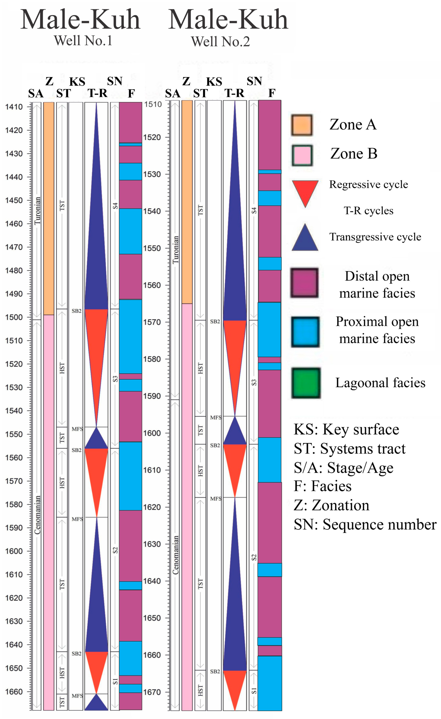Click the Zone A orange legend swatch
click(x=302, y=125)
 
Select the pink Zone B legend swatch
click(x=302, y=155)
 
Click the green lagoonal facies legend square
click(x=306, y=383)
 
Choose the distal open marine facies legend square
click(x=304, y=283)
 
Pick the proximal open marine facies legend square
click(x=305, y=332)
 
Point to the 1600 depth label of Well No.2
click(x=152, y=433)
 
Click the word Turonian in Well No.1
click(x=37, y=211)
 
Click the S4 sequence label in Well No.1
click(x=115, y=206)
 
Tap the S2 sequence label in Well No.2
click(x=254, y=557)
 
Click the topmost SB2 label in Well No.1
click(x=76, y=311)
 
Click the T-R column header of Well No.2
click(x=235, y=93)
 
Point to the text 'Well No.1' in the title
click(x=83, y=41)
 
